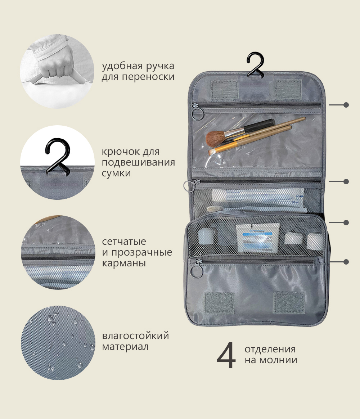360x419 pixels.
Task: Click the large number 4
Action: (226, 355)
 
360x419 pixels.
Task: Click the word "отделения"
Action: (270, 349)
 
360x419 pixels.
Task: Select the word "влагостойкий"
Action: (135, 335)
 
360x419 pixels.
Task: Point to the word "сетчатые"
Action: (124, 241)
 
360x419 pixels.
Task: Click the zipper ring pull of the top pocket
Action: (198, 113)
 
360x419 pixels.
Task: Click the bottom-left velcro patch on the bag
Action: (220, 303)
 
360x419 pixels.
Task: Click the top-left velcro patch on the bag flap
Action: (225, 89)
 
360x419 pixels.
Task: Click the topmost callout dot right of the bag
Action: (346, 105)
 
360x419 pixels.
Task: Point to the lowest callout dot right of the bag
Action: (346, 262)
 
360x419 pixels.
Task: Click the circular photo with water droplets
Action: (58, 343)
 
